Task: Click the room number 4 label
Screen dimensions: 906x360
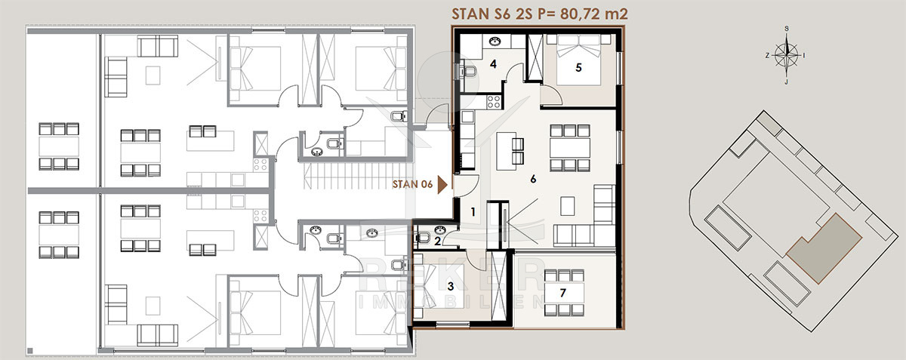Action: coord(493,64)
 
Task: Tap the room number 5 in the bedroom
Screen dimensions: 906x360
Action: coord(578,68)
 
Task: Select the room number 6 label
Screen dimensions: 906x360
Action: coord(533,179)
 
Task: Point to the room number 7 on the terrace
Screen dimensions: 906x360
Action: coord(563,292)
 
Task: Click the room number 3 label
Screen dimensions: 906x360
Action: coord(451,287)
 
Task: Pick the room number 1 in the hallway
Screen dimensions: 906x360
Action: coord(473,211)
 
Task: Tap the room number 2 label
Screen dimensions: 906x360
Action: coord(438,242)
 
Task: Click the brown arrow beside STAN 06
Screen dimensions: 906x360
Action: coord(442,185)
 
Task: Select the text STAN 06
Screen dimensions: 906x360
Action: coord(412,184)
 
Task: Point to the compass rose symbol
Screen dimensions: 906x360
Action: coord(786,55)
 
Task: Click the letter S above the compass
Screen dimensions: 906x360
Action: coord(787,29)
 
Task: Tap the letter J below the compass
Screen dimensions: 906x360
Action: coord(786,82)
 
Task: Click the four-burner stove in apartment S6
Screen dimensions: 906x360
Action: coord(494,102)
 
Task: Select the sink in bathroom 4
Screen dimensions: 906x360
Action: coord(494,42)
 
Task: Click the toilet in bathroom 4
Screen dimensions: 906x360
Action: coord(467,72)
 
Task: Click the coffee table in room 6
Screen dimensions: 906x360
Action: coord(568,206)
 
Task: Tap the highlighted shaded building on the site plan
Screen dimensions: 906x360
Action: coord(824,249)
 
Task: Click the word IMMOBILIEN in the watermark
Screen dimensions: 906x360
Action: coord(451,302)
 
